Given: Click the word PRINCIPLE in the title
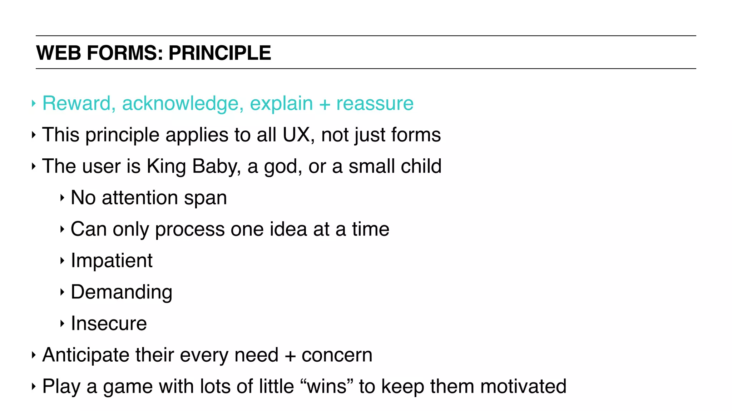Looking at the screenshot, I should pyautogui.click(x=219, y=53).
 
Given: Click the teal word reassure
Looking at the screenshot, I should pyautogui.click(x=375, y=103).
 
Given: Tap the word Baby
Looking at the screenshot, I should pyautogui.click(x=216, y=167).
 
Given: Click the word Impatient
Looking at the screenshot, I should pyautogui.click(x=112, y=261).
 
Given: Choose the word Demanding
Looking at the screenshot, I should pyautogui.click(x=122, y=292).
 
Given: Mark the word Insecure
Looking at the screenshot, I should pyautogui.click(x=109, y=323).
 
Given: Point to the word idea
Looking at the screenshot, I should pyautogui.click(x=288, y=229).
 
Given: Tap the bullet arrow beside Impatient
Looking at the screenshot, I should pyautogui.click(x=62, y=261).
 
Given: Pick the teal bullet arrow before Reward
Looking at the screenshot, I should pyautogui.click(x=34, y=103).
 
